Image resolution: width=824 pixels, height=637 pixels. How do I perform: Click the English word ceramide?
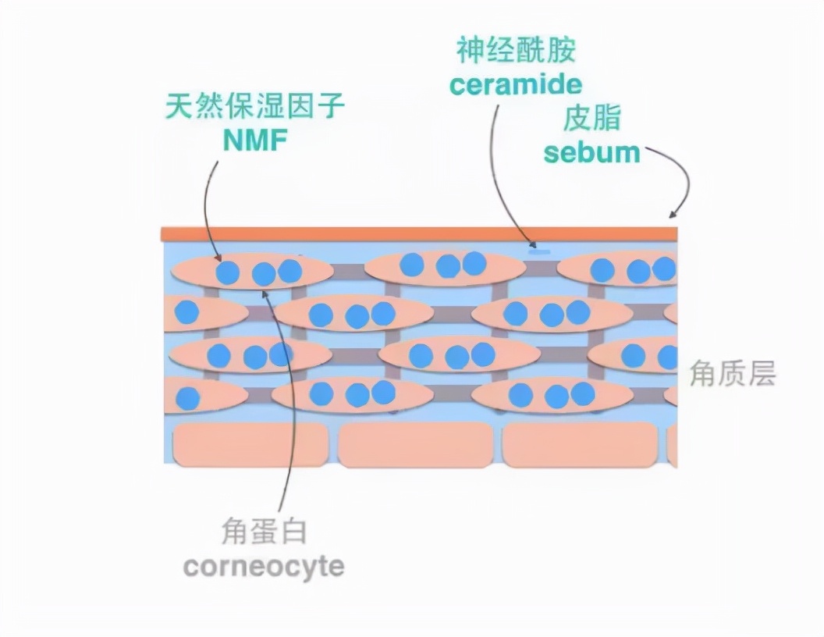516,84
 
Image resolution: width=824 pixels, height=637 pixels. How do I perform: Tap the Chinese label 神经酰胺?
516,51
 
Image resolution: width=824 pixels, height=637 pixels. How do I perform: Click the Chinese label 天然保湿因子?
255,107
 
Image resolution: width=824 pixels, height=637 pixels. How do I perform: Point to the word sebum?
591,151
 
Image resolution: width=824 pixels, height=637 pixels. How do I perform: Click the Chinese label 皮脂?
591,118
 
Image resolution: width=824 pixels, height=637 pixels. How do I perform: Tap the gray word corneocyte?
263,566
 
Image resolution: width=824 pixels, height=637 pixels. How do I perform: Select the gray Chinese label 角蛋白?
263,532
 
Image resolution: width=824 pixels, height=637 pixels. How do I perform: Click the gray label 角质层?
732,375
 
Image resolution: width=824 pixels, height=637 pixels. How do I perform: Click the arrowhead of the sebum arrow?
672,215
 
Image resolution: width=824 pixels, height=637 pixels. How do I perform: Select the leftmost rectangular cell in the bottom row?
250,446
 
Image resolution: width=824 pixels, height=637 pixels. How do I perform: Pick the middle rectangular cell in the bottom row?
415,446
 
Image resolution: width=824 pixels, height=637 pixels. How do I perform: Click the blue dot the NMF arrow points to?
227,272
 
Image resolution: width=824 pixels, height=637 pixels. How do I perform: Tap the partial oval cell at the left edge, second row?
204,313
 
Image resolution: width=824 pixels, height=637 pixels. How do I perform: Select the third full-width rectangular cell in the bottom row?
580,446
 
